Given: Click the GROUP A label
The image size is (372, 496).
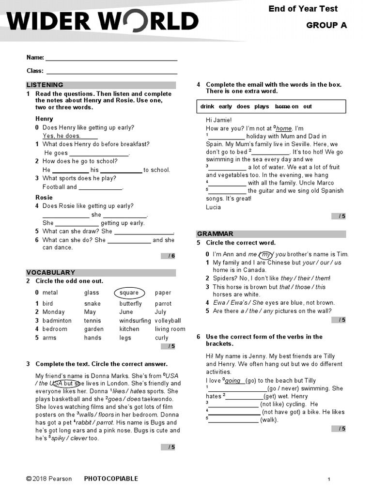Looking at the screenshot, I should [326, 26].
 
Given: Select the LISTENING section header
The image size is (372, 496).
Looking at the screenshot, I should [45, 85].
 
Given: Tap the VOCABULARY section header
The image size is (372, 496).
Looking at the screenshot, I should [50, 273].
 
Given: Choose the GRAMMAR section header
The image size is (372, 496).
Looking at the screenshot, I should [215, 234].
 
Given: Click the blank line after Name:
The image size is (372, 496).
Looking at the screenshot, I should [111, 58].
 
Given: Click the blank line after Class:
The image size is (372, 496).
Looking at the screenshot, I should [111, 71].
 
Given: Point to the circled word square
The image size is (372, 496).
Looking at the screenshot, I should [129, 293].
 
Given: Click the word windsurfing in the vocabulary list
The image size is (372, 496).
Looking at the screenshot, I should [135, 321].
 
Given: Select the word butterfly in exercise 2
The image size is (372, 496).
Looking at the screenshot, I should [131, 304].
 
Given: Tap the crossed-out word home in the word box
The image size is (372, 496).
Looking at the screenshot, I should [282, 107].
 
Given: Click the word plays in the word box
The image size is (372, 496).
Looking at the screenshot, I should [262, 107].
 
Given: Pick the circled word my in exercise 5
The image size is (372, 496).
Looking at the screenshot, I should [265, 254].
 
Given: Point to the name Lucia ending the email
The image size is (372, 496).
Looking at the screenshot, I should [213, 207].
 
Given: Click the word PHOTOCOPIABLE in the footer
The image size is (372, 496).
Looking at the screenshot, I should [111, 479].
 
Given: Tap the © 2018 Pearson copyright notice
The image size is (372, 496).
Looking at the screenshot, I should [49, 479].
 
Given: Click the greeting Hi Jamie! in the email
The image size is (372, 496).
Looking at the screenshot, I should [219, 120].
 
